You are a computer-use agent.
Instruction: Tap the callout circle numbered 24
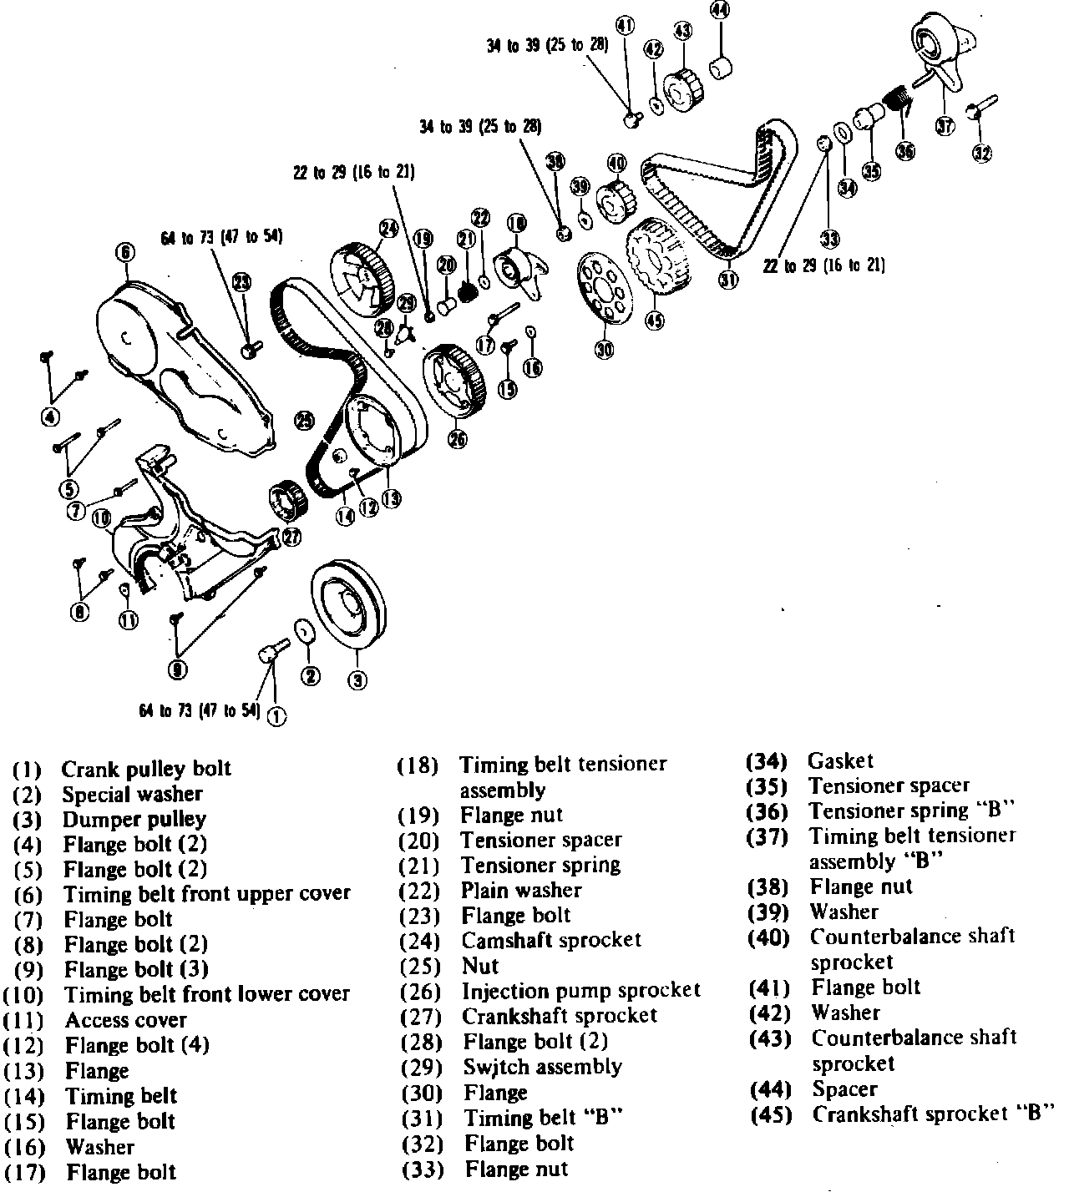[x=388, y=227]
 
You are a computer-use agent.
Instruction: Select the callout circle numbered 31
[x=728, y=280]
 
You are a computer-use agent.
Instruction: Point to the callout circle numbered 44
[x=719, y=10]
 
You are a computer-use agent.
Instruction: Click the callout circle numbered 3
[x=357, y=680]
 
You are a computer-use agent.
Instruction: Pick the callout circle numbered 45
[x=654, y=319]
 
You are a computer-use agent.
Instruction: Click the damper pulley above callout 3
[x=350, y=605]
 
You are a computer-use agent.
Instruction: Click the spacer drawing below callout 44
[x=721, y=65]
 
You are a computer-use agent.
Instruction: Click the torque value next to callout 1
[x=199, y=710]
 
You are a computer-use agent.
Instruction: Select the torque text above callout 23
[x=221, y=236]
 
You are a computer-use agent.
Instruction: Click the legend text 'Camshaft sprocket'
[x=551, y=941]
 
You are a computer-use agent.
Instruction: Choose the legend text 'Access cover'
[x=126, y=1019]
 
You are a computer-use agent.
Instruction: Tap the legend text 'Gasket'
[x=840, y=760]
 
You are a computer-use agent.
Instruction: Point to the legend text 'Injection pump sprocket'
[x=581, y=991]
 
